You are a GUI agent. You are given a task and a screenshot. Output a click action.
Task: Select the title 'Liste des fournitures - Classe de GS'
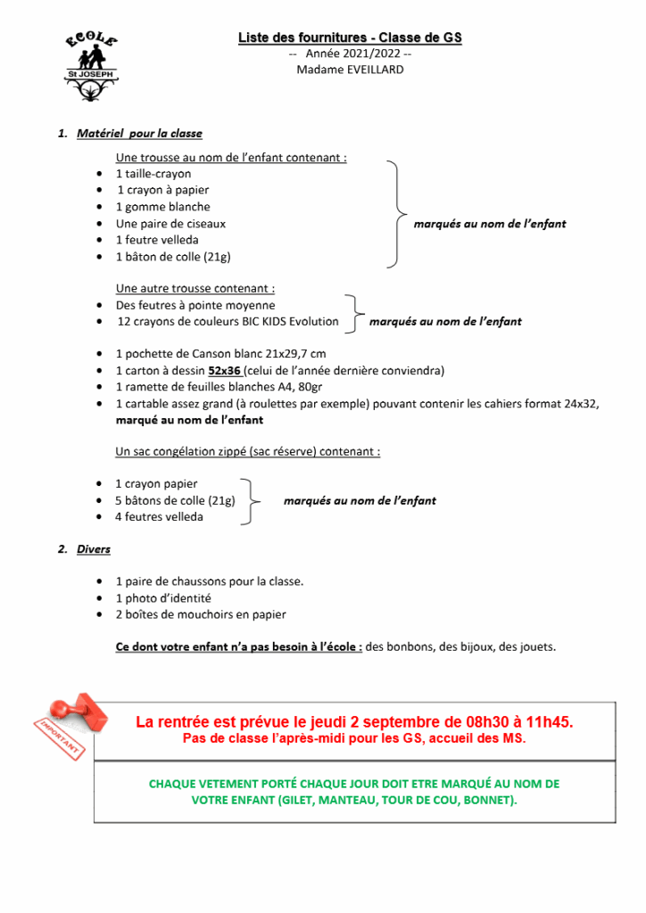pos(350,37)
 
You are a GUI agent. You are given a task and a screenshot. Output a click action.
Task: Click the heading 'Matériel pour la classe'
pos(139,134)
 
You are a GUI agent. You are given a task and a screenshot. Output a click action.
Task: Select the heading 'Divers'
pos(94,549)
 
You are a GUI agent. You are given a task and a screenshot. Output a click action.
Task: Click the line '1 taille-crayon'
pos(153,174)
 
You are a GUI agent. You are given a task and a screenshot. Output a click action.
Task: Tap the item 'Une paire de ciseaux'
pos(170,224)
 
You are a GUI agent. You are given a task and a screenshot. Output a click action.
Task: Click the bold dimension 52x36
pos(225,370)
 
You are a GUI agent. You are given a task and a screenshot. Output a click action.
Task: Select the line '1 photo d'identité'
pos(162,598)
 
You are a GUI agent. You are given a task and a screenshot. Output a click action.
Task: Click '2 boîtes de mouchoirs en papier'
pos(201,614)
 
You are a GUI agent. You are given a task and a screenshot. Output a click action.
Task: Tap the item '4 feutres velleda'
pos(159,517)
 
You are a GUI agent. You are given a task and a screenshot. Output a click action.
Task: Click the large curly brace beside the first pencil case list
pos(395,215)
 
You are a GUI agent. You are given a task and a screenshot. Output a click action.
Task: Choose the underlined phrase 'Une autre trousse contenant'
pos(195,289)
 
